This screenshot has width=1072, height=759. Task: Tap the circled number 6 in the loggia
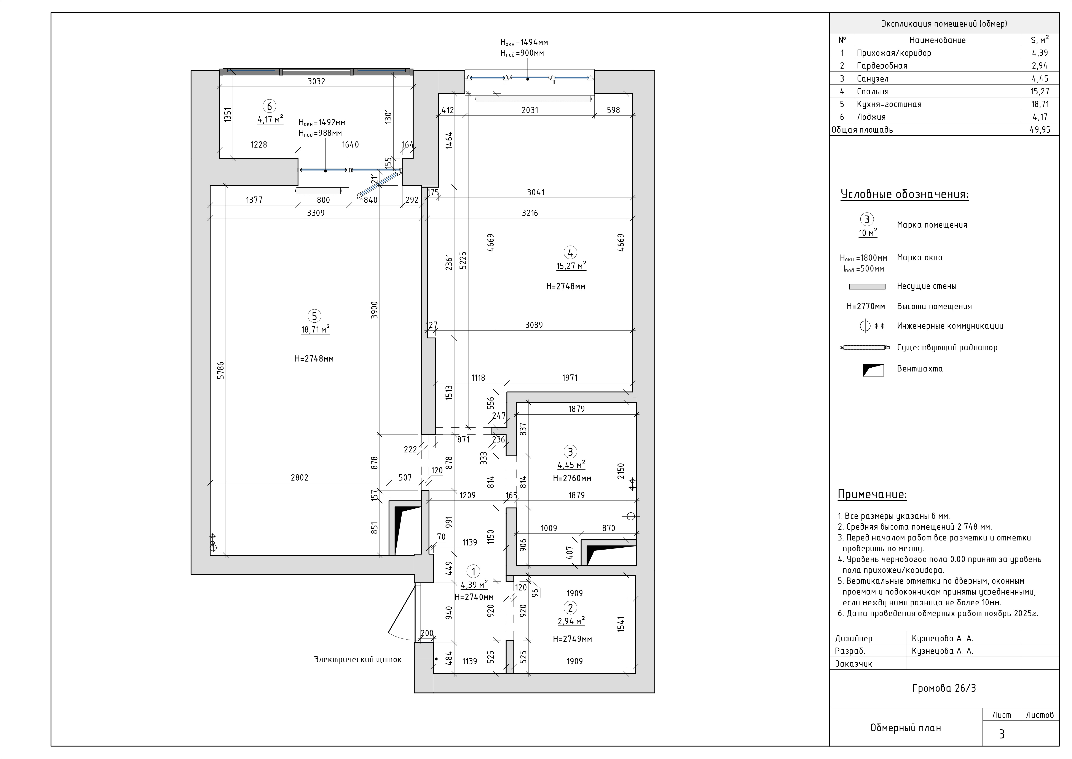tap(269, 106)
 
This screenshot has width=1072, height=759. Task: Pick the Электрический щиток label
tap(357, 659)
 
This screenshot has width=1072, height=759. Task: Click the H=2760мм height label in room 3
tap(572, 479)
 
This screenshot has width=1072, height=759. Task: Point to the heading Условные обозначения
tap(904, 195)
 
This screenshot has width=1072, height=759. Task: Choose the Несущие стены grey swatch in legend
tap(867, 286)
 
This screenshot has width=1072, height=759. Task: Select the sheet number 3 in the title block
tap(1002, 734)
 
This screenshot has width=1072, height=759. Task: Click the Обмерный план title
tap(905, 728)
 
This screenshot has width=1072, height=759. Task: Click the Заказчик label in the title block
tap(853, 664)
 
